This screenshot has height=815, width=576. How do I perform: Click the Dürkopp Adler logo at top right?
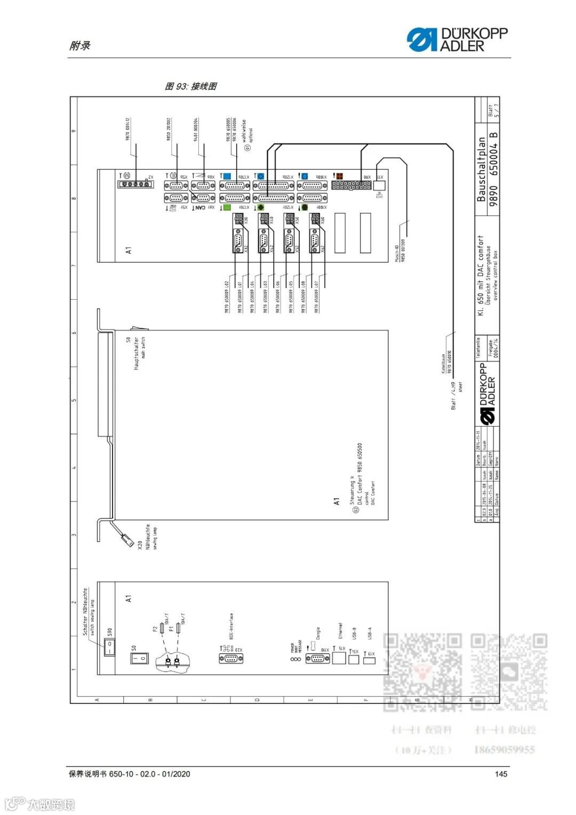pos(457,39)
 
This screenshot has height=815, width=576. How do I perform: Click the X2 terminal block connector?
pos(134,185)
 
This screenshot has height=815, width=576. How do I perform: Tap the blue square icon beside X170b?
pos(227,176)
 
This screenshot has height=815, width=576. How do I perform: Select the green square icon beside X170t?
pos(227,207)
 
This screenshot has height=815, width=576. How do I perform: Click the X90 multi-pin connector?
pos(351,185)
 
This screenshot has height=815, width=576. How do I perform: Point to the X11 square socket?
pos(379,185)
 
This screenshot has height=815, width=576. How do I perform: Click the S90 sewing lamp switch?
pos(109,648)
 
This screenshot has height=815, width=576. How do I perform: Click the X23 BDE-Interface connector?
pos(231,658)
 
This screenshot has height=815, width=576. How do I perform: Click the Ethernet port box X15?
pos(339,657)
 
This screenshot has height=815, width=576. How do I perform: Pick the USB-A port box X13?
pos(369,660)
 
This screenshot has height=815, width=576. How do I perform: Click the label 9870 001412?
pos(128,129)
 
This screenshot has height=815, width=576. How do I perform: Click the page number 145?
pos(501,774)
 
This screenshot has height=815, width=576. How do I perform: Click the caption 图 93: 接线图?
pos(190,86)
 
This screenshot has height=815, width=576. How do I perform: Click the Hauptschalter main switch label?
pos(139,353)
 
